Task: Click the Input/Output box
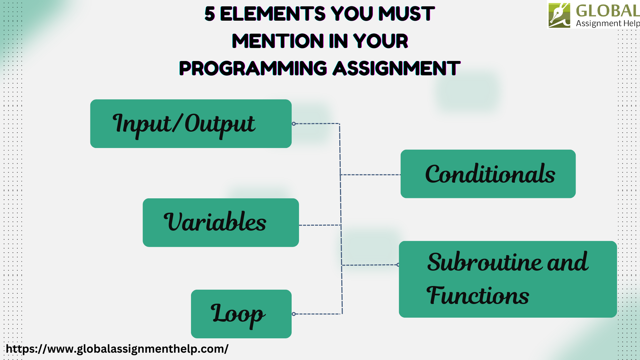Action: point(191,124)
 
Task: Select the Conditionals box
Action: point(488,174)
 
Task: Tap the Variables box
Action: point(221,222)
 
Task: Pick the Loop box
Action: point(241,314)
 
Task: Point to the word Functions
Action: point(478,296)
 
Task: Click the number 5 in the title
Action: point(210,14)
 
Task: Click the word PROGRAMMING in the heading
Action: point(253,68)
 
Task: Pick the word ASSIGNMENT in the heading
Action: point(397,68)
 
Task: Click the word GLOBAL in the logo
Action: point(607,11)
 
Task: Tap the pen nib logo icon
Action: point(559,15)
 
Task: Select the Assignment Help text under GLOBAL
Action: point(607,23)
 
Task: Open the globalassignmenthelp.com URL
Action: point(117,349)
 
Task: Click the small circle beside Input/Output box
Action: point(294,124)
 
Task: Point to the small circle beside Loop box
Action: point(294,314)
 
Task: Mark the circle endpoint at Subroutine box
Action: point(398,265)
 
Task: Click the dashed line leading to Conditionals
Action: point(370,175)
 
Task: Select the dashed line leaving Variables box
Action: point(319,225)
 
